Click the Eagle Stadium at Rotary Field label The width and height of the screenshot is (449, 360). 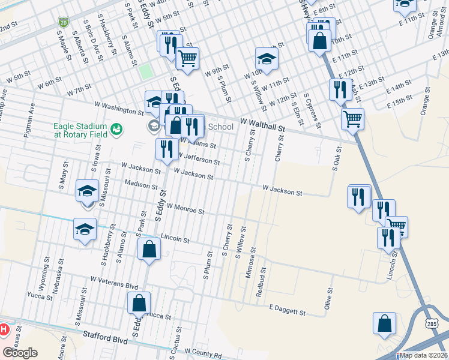[80, 130]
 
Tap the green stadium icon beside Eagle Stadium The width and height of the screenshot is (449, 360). [116, 128]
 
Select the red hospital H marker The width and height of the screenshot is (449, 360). [3, 329]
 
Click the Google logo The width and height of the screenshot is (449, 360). [20, 353]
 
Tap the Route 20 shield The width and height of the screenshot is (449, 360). [64, 22]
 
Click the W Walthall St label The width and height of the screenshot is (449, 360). [262, 124]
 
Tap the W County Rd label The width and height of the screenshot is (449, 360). [203, 353]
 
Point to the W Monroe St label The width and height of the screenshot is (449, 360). [185, 208]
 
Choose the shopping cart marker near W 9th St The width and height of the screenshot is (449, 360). [188, 58]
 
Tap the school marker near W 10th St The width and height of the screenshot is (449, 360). [267, 58]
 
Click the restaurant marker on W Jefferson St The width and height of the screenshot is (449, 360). [167, 149]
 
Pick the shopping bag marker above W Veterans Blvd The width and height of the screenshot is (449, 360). [149, 249]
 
